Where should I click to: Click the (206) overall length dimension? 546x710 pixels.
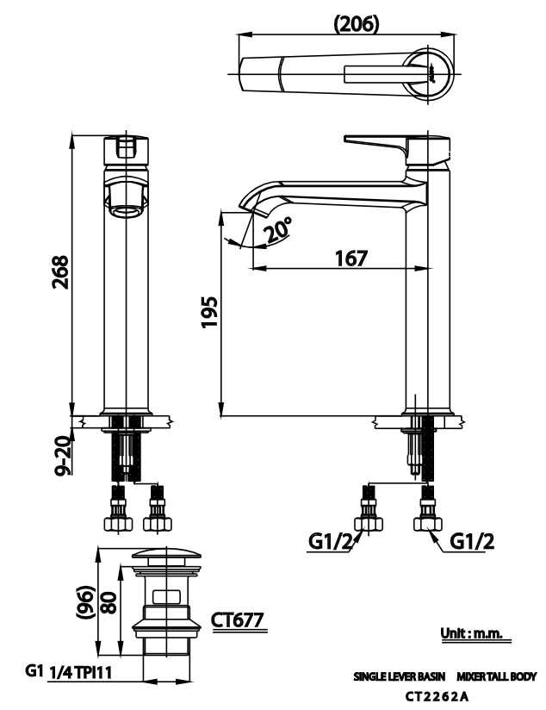(356, 23)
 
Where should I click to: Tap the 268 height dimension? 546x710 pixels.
(60, 271)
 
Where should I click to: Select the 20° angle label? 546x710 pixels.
(277, 230)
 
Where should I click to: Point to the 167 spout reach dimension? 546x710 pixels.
(351, 258)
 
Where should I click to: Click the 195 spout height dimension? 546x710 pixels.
(209, 312)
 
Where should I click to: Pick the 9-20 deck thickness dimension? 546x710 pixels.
(63, 456)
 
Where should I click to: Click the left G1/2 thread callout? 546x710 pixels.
(330, 542)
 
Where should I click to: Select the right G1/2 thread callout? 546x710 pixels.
(472, 541)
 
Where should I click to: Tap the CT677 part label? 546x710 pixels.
(237, 620)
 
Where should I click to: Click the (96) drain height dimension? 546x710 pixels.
(86, 602)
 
